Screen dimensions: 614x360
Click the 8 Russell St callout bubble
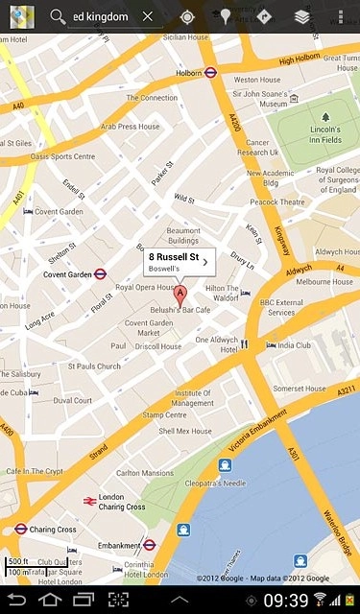click(x=179, y=262)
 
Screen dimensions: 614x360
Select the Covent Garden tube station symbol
click(x=100, y=273)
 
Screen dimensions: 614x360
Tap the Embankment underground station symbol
click(x=149, y=545)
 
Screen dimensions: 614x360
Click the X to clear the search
click(x=147, y=16)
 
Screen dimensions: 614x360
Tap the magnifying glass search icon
click(x=58, y=16)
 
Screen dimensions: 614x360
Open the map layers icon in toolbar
click(x=301, y=16)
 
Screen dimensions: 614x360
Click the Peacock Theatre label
click(x=276, y=202)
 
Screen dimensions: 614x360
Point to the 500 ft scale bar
click(x=19, y=563)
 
